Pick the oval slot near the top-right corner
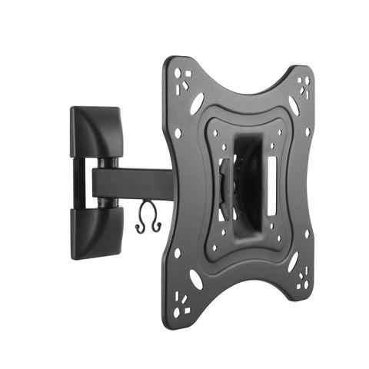tap(293, 105)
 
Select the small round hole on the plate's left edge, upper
tap(178, 133)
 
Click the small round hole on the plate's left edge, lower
tap(178, 251)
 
